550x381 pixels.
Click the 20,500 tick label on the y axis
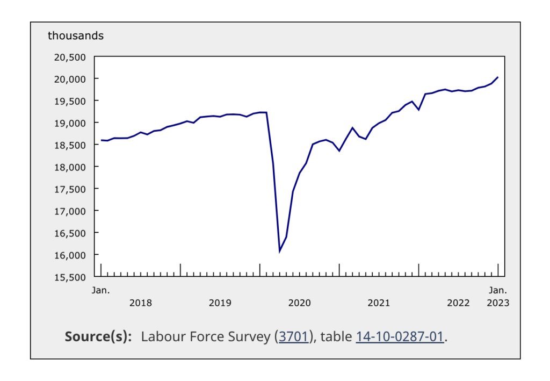(71, 57)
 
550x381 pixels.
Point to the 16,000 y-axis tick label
(71, 255)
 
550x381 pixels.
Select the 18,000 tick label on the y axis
(71, 167)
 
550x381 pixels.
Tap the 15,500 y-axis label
(71, 277)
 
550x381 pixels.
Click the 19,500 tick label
(71, 101)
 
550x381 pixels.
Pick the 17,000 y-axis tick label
(71, 211)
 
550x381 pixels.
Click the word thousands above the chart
(76, 36)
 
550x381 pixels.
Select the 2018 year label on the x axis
(141, 303)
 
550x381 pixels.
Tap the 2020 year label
(300, 303)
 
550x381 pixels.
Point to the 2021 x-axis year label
(379, 303)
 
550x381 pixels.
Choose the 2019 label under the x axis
(220, 303)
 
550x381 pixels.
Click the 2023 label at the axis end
(498, 303)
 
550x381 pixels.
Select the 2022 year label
(458, 303)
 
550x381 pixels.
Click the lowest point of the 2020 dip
(280, 251)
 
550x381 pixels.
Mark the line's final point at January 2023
(498, 77)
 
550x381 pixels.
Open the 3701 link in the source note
(293, 337)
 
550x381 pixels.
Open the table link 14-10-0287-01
(400, 337)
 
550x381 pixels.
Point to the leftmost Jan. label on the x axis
(100, 290)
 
